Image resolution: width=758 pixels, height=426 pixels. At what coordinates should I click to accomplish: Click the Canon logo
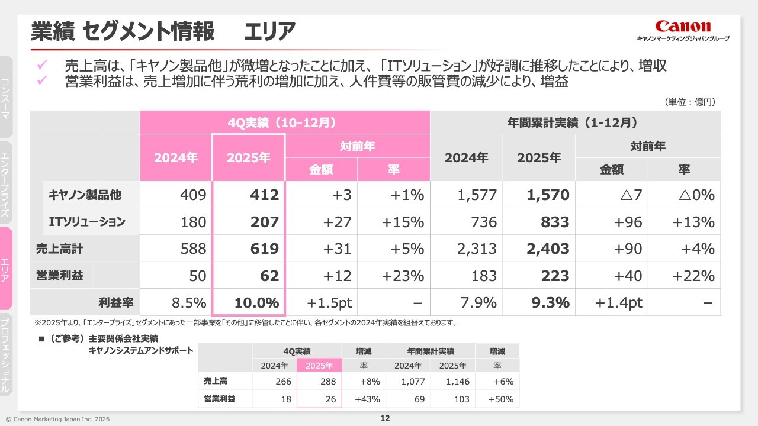point(683,27)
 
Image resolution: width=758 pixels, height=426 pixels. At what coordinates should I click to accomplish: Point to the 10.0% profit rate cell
point(256,303)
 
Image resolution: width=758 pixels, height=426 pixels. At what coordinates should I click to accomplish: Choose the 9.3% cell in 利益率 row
point(550,303)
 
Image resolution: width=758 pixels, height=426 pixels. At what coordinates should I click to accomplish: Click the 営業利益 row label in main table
point(60,276)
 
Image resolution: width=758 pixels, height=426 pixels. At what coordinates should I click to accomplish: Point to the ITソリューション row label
point(86,222)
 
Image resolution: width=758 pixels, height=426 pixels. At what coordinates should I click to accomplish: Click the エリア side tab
point(5,269)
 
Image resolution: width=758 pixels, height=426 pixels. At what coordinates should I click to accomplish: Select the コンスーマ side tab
point(5,98)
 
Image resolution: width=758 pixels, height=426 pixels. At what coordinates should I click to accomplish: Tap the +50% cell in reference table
point(501,399)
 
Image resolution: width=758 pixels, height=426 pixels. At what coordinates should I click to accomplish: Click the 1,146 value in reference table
point(458,382)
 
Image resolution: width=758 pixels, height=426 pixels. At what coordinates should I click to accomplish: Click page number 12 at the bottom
point(384,419)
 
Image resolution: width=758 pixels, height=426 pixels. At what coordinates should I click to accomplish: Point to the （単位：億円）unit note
point(691,102)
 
